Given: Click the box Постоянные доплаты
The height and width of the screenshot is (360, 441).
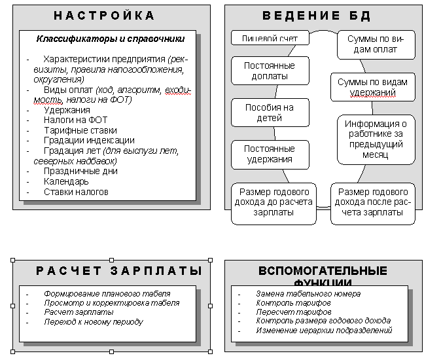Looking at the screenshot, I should [270, 71].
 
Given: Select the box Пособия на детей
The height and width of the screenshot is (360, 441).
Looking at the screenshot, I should [270, 113].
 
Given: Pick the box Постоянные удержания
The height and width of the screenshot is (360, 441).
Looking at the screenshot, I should [270, 154].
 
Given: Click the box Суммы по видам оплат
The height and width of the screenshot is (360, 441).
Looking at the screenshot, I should [376, 45].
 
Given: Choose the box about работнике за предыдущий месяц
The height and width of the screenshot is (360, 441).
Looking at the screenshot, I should [376, 139].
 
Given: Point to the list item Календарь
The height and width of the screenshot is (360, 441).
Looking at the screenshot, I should [66, 181].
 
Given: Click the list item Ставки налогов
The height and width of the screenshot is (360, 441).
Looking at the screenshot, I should [76, 192].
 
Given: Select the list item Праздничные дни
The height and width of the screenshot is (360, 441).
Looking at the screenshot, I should [80, 171].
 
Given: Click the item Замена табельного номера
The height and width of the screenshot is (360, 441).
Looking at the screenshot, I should [308, 294].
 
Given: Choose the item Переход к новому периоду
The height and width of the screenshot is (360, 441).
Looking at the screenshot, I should [94, 321].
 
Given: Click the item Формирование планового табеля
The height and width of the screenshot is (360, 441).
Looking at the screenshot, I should [107, 294].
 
